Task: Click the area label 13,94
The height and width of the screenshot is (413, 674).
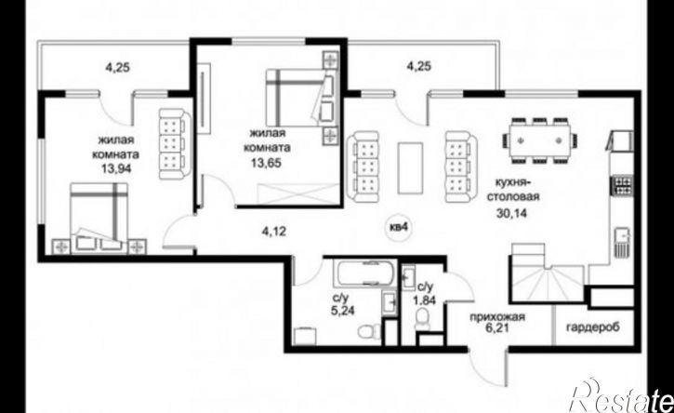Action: [116, 168]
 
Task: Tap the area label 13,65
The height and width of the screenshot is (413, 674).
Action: [267, 163]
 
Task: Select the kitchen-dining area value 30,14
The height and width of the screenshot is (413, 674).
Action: [511, 213]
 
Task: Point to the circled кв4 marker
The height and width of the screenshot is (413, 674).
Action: [398, 228]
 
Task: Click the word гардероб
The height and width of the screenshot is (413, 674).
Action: [593, 327]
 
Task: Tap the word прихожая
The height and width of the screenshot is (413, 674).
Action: [497, 317]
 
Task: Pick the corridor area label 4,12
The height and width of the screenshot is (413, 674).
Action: [274, 232]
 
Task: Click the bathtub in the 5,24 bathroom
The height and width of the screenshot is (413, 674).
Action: [365, 273]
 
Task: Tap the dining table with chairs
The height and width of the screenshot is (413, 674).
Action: [539, 140]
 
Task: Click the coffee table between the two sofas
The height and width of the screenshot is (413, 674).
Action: [410, 168]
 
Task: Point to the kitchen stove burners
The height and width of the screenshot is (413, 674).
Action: [622, 185]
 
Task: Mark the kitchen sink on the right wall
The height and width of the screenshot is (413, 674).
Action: [623, 241]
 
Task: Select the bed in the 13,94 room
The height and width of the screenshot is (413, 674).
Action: [99, 218]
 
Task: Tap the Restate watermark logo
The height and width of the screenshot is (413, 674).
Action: [621, 396]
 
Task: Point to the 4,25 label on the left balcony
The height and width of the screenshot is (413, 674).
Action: [118, 67]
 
